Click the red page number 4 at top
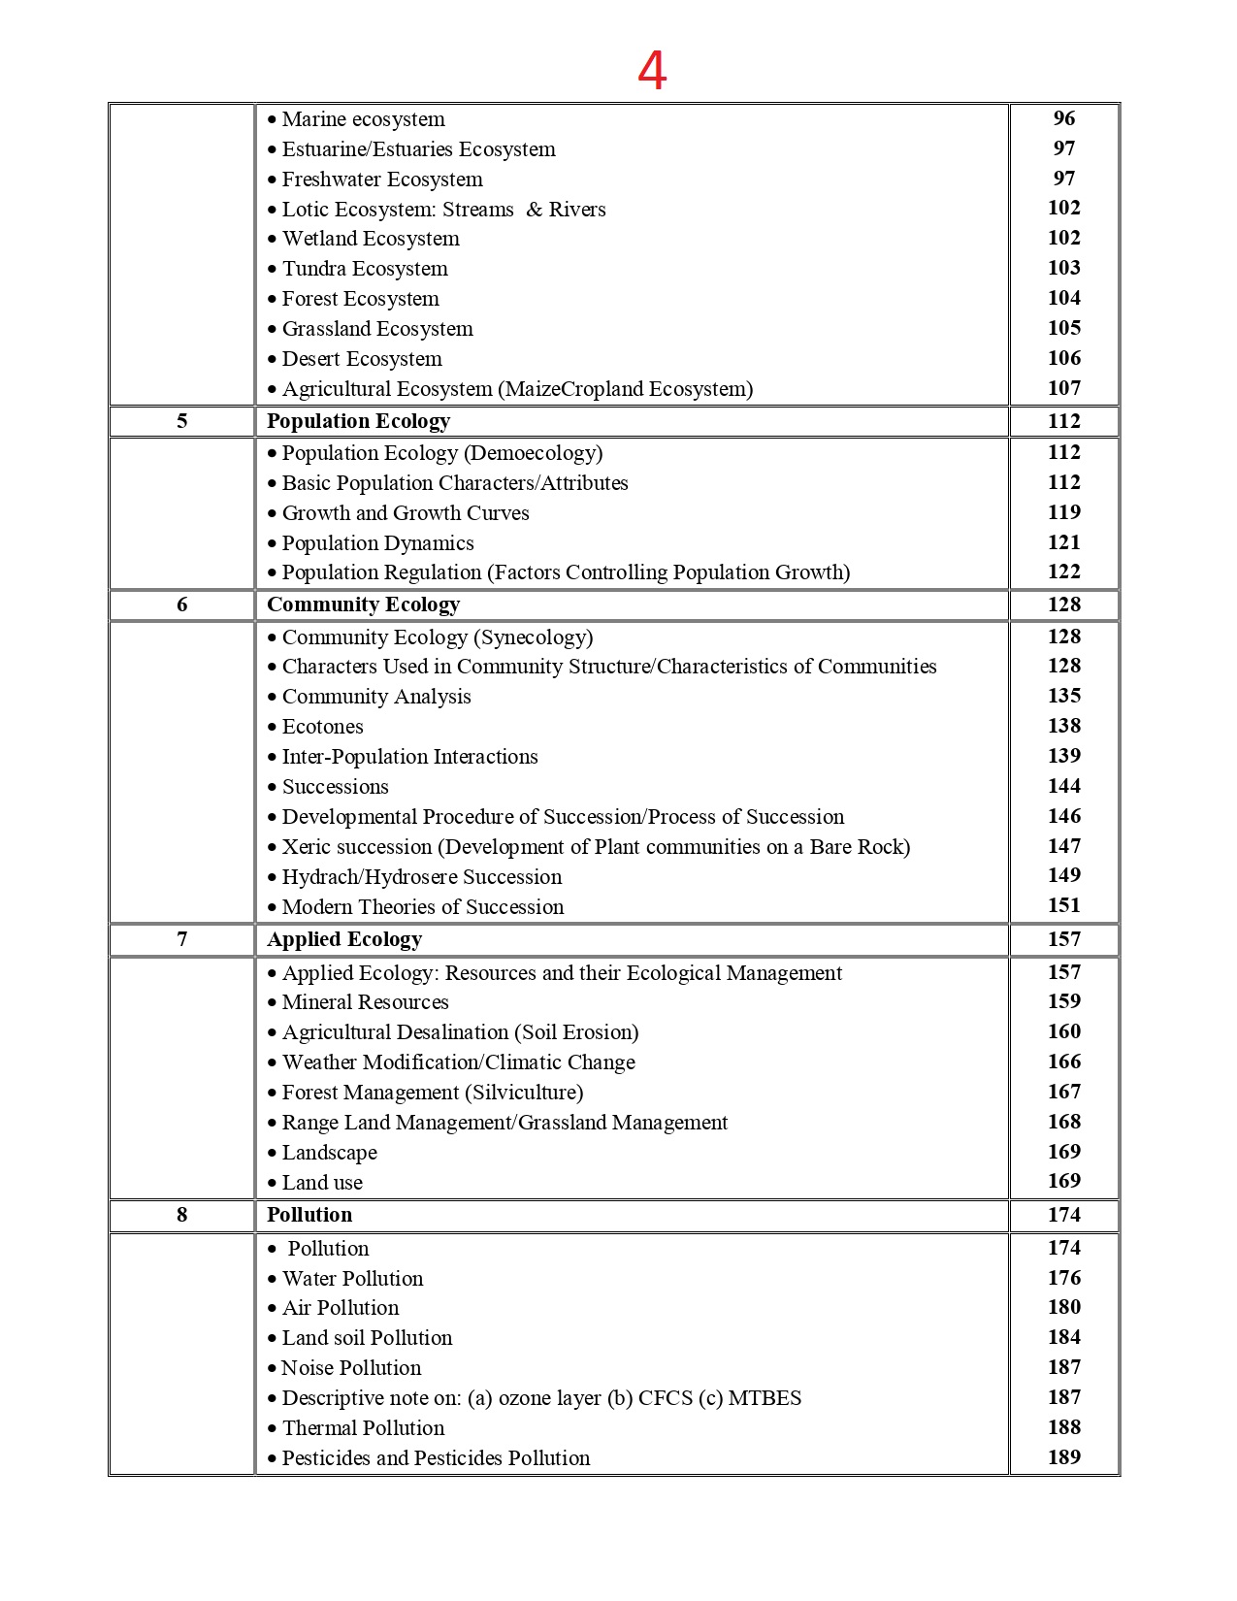coord(652,71)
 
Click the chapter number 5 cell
coord(181,421)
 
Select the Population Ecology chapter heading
coord(358,421)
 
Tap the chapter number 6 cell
coord(181,604)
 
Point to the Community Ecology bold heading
coord(363,604)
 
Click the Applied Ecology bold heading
coord(344,939)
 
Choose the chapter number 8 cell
coord(181,1215)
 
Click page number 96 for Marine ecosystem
coord(1063,118)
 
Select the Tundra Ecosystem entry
coord(365,269)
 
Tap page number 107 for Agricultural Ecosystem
coord(1063,388)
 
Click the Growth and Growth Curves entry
coord(406,513)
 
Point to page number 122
coord(1063,572)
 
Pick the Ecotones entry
coord(322,727)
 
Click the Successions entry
coord(335,787)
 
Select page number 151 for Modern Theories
coord(1063,905)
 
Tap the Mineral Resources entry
coord(365,1002)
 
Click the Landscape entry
coord(329,1153)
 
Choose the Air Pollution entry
coord(341,1308)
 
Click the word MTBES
coord(765,1398)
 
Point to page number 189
coord(1063,1457)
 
